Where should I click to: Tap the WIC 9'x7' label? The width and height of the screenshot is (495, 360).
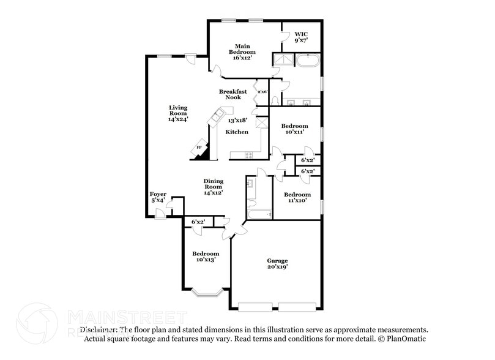pyautogui.click(x=300, y=37)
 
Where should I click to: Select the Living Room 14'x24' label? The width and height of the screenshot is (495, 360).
pyautogui.click(x=178, y=113)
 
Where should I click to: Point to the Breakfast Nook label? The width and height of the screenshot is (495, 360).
pyautogui.click(x=233, y=94)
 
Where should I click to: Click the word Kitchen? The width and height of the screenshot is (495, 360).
pyautogui.click(x=237, y=132)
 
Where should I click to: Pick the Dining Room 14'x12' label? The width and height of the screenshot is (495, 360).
pyautogui.click(x=213, y=187)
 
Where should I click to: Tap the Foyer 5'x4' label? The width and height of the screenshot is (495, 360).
pyautogui.click(x=158, y=197)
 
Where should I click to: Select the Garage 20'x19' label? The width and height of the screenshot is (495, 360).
pyautogui.click(x=277, y=264)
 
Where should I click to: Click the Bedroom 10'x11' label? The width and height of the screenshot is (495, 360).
pyautogui.click(x=294, y=129)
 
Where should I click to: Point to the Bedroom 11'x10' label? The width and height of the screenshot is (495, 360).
pyautogui.click(x=297, y=197)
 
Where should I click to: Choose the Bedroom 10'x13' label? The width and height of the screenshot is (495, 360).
pyautogui.click(x=206, y=257)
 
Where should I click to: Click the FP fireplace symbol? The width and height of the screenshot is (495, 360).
pyautogui.click(x=199, y=148)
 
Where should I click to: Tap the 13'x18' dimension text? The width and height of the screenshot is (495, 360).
pyautogui.click(x=237, y=121)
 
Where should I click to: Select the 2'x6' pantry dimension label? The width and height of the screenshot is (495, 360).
pyautogui.click(x=262, y=92)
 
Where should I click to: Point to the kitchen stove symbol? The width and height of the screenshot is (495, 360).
pyautogui.click(x=249, y=155)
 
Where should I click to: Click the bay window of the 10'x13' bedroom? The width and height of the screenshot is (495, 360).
pyautogui.click(x=206, y=293)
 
